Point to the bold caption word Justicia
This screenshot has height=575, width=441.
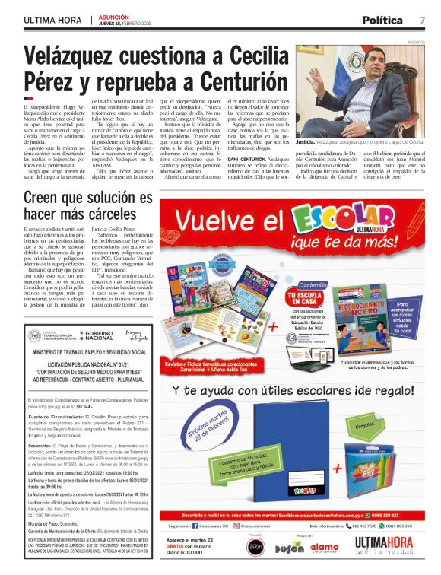click(306, 142)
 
